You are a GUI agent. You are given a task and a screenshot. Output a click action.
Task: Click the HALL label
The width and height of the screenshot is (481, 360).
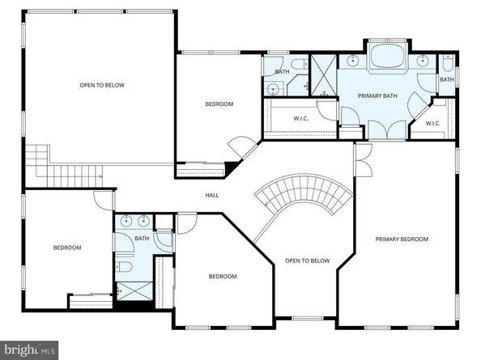[212, 195]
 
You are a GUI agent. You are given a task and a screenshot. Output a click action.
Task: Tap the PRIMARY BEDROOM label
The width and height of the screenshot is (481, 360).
[402, 239]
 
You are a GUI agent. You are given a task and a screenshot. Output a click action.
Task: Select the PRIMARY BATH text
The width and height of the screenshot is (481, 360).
[377, 96]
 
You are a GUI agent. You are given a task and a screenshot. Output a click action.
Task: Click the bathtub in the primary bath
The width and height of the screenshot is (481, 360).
[387, 56]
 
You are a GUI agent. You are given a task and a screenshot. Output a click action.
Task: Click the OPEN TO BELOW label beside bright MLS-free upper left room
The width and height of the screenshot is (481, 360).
[102, 85]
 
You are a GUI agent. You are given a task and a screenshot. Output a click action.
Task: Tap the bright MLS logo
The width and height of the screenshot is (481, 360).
[29, 349]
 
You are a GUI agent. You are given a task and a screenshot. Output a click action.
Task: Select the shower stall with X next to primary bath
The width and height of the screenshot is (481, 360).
[324, 75]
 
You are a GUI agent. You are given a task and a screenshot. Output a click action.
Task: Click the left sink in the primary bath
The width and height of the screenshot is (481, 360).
[353, 61]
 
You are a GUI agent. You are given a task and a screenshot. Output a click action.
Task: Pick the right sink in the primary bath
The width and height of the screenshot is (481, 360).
[423, 61]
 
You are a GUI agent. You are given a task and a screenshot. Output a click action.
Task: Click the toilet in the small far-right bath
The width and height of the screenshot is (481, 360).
[448, 62]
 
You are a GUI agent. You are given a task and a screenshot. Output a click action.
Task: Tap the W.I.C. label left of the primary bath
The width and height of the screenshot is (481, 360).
[301, 119]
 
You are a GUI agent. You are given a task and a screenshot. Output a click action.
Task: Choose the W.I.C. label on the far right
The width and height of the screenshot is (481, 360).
[433, 124]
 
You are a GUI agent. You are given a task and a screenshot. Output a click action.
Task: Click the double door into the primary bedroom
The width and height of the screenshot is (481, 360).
[363, 160]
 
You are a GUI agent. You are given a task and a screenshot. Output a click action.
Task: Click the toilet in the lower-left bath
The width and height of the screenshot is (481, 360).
[124, 266]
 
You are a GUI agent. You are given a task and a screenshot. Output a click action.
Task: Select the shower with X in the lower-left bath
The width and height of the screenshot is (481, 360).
[134, 291]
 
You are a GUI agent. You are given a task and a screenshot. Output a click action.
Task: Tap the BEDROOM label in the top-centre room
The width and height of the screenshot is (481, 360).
[219, 104]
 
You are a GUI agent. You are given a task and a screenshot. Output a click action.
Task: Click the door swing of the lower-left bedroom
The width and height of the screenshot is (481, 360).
[104, 201]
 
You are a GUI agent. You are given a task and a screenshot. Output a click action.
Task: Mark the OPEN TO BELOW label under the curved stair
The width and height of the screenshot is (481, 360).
[308, 260]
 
